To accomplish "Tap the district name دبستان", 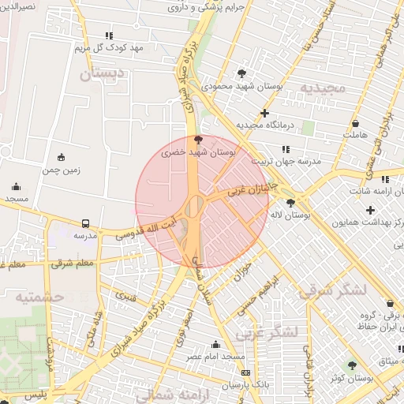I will tap(103, 75).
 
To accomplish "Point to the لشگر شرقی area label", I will tap(333, 290).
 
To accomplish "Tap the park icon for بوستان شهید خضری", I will tap(197, 138).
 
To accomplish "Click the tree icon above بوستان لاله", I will tap(291, 203).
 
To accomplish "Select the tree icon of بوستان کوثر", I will tap(352, 365).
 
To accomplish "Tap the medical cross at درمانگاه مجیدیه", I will tap(264, 113).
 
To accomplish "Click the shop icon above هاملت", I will tap(355, 124).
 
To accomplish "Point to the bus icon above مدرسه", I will tap(85, 223).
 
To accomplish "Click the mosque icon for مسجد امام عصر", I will tap(215, 344).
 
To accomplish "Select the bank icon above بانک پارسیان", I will tap(246, 372).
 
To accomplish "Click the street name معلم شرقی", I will tap(73, 263).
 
